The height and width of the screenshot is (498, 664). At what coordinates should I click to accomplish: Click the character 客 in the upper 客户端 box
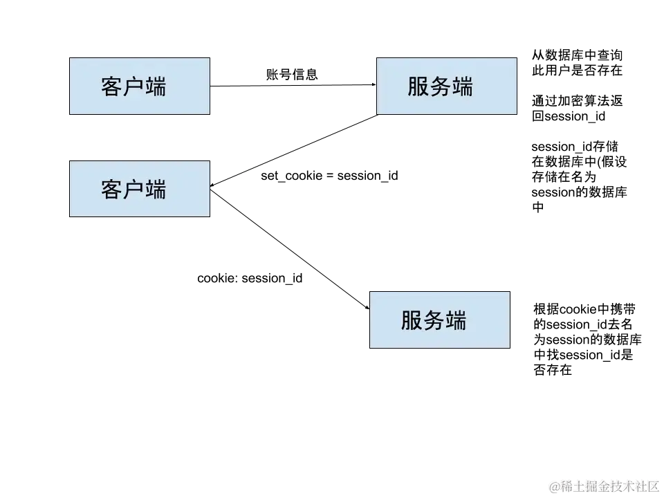pos(112,87)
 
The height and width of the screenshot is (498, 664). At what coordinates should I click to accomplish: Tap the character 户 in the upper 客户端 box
pos(133,87)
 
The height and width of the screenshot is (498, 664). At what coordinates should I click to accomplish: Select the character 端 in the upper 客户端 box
pos(156,87)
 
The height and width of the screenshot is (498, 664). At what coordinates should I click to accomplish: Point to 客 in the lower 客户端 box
pos(112,190)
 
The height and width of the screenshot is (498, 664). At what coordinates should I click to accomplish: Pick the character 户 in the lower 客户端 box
pos(133,190)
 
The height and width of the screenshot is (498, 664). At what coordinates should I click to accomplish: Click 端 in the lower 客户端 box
pos(156,190)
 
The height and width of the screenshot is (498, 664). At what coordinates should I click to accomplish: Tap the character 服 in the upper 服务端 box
pos(418,87)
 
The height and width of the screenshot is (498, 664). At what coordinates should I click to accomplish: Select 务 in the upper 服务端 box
pos(441,87)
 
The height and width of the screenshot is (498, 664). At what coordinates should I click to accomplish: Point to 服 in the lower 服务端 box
pos(412,320)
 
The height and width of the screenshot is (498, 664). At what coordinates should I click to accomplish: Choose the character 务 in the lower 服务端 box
pos(434,320)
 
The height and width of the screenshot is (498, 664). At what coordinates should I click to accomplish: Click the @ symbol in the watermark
pos(554,486)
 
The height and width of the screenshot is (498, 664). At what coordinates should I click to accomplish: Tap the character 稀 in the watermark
pos(566,486)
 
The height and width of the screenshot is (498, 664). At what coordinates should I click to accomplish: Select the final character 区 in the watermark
pos(652,486)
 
